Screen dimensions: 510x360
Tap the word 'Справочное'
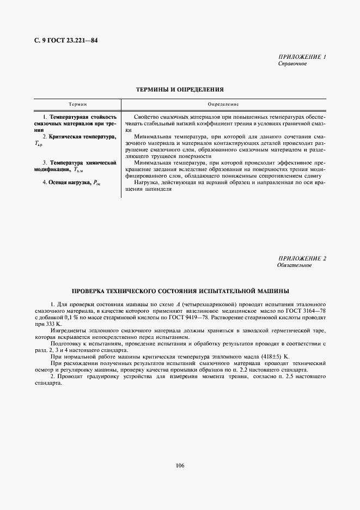(292, 64)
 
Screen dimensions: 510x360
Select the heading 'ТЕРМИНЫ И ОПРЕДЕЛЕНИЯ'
(180, 89)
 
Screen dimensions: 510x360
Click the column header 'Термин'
(77, 104)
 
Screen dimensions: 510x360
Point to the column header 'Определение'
(223, 104)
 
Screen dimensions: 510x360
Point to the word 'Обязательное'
(294, 265)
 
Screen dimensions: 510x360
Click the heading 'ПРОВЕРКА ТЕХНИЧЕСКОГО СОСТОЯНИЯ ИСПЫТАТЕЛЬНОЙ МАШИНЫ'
(180, 290)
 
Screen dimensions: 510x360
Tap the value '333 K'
(53, 323)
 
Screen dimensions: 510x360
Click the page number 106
(180, 465)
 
